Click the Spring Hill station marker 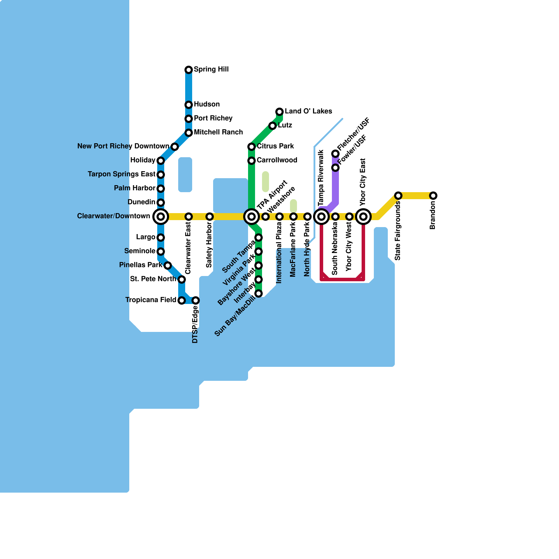pos(189,70)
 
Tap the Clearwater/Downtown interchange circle pos(161,217)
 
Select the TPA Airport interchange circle pos(252,217)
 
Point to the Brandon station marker pos(433,196)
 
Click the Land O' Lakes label pos(308,111)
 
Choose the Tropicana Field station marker pos(182,300)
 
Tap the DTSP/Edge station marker pos(196,300)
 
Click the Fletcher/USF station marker pos(335,154)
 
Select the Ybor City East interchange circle pos(363,217)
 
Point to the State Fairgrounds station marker pos(398,196)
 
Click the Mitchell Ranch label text pos(218,132)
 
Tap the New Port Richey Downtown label pos(123,146)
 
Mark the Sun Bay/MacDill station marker pos(259,293)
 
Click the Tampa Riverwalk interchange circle pos(321,217)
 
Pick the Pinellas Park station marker pos(168,266)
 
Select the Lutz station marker pos(273,126)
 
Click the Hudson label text pos(207,104)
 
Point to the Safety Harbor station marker pos(210,217)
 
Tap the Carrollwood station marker pos(252,161)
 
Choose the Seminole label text pos(140,251)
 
